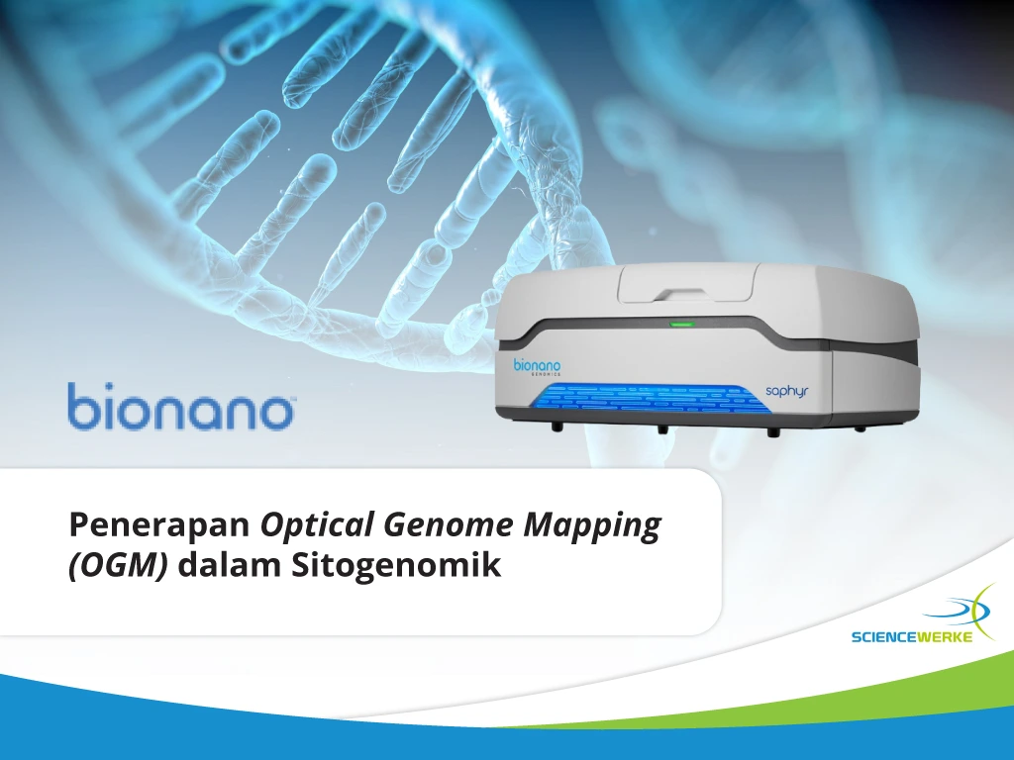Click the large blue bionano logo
180,406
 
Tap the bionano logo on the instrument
537,366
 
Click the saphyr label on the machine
787,391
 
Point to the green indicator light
681,324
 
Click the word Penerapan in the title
159,524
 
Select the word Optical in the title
317,524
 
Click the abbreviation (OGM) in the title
119,565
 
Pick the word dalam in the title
230,565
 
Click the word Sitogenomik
396,565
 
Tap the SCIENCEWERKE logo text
912,637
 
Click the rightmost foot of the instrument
861,427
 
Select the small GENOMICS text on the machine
546,373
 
